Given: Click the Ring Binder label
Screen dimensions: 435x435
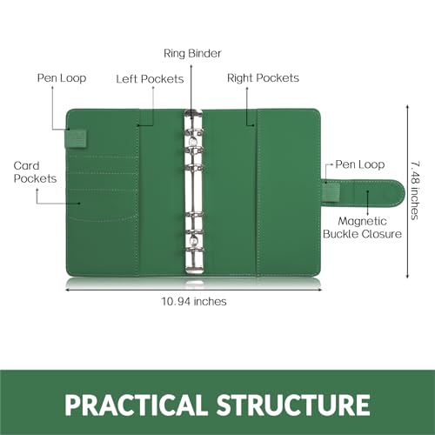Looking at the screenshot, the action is [192, 54].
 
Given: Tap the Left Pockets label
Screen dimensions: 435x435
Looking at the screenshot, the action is [150, 79].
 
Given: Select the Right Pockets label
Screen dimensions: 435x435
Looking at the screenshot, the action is [263, 78].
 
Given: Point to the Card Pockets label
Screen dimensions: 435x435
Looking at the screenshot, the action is [35, 172].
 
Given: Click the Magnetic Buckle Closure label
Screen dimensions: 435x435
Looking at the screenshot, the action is [362, 228].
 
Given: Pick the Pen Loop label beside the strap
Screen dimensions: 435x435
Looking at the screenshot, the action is [360, 164].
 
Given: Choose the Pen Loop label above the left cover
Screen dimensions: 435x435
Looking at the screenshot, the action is [62, 78].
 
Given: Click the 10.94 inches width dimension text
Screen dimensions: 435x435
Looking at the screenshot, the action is [194, 302].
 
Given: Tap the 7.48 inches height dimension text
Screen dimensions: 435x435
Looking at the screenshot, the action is [415, 191].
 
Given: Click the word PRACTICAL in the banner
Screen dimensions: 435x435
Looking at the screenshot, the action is [136, 405].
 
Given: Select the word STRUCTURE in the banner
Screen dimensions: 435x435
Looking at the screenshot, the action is [293, 405].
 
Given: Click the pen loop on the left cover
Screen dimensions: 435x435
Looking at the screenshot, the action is [76, 139].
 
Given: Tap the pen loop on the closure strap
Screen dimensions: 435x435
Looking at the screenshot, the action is [331, 192].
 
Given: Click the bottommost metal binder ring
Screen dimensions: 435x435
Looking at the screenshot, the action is [194, 250].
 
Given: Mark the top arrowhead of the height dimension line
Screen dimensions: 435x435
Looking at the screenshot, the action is [407, 107].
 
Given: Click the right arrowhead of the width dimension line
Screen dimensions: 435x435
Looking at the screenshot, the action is [320, 290].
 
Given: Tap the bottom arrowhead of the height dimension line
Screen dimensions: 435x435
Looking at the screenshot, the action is [407, 277].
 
